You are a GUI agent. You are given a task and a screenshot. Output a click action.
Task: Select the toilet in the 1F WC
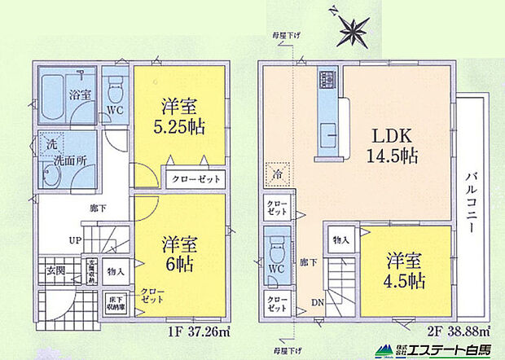pos(114,86)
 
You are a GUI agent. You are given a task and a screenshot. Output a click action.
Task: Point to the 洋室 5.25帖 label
pos(182,116)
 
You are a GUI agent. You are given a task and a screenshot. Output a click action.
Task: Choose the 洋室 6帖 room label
pos(181,252)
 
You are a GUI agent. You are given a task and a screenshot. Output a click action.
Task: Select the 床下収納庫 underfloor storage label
pos(115,303)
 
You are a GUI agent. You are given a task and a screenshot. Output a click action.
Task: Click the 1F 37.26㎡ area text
pos(193,331)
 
